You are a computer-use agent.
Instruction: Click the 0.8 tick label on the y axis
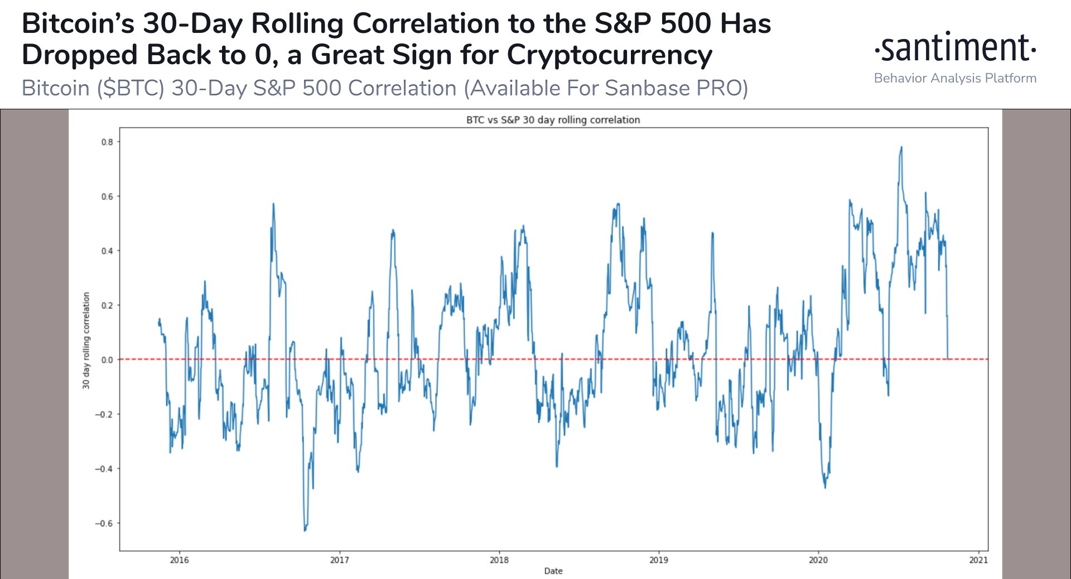(107, 142)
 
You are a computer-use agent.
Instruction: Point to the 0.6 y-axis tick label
(107, 196)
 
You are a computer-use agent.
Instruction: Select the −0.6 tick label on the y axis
(104, 523)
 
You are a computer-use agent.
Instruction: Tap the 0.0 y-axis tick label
(107, 360)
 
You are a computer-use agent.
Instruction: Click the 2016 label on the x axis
(179, 560)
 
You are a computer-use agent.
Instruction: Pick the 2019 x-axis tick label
(658, 560)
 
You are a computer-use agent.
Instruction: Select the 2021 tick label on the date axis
(978, 560)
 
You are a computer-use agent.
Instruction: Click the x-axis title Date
(553, 571)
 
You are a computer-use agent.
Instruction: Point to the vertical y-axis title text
(86, 340)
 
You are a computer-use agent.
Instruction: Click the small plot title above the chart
(553, 120)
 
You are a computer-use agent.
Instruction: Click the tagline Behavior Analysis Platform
(955, 78)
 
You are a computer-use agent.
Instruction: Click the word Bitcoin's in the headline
(78, 24)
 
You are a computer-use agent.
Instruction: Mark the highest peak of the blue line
(901, 148)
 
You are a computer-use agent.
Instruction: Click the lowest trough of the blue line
(305, 530)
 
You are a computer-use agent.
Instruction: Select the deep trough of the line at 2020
(825, 487)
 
